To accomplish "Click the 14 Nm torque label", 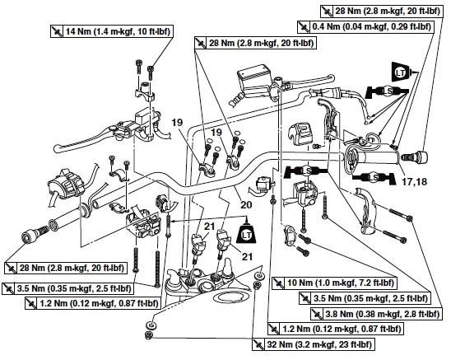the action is point(113,31).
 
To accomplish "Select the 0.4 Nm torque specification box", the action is point(365,26).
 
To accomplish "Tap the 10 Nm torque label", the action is point(334,283).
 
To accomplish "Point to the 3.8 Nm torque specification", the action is point(376,314).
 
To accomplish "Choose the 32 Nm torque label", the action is point(314,344).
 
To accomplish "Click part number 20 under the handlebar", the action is point(246,205).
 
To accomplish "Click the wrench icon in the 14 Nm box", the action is point(57,31).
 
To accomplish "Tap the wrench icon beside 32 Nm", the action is point(258,344).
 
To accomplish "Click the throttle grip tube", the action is point(378,157).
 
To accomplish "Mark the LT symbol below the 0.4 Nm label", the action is point(401,72).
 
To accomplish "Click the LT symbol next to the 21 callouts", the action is point(247,234).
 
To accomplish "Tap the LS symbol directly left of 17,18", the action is point(374,178).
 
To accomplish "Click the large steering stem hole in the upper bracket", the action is point(207,287).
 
